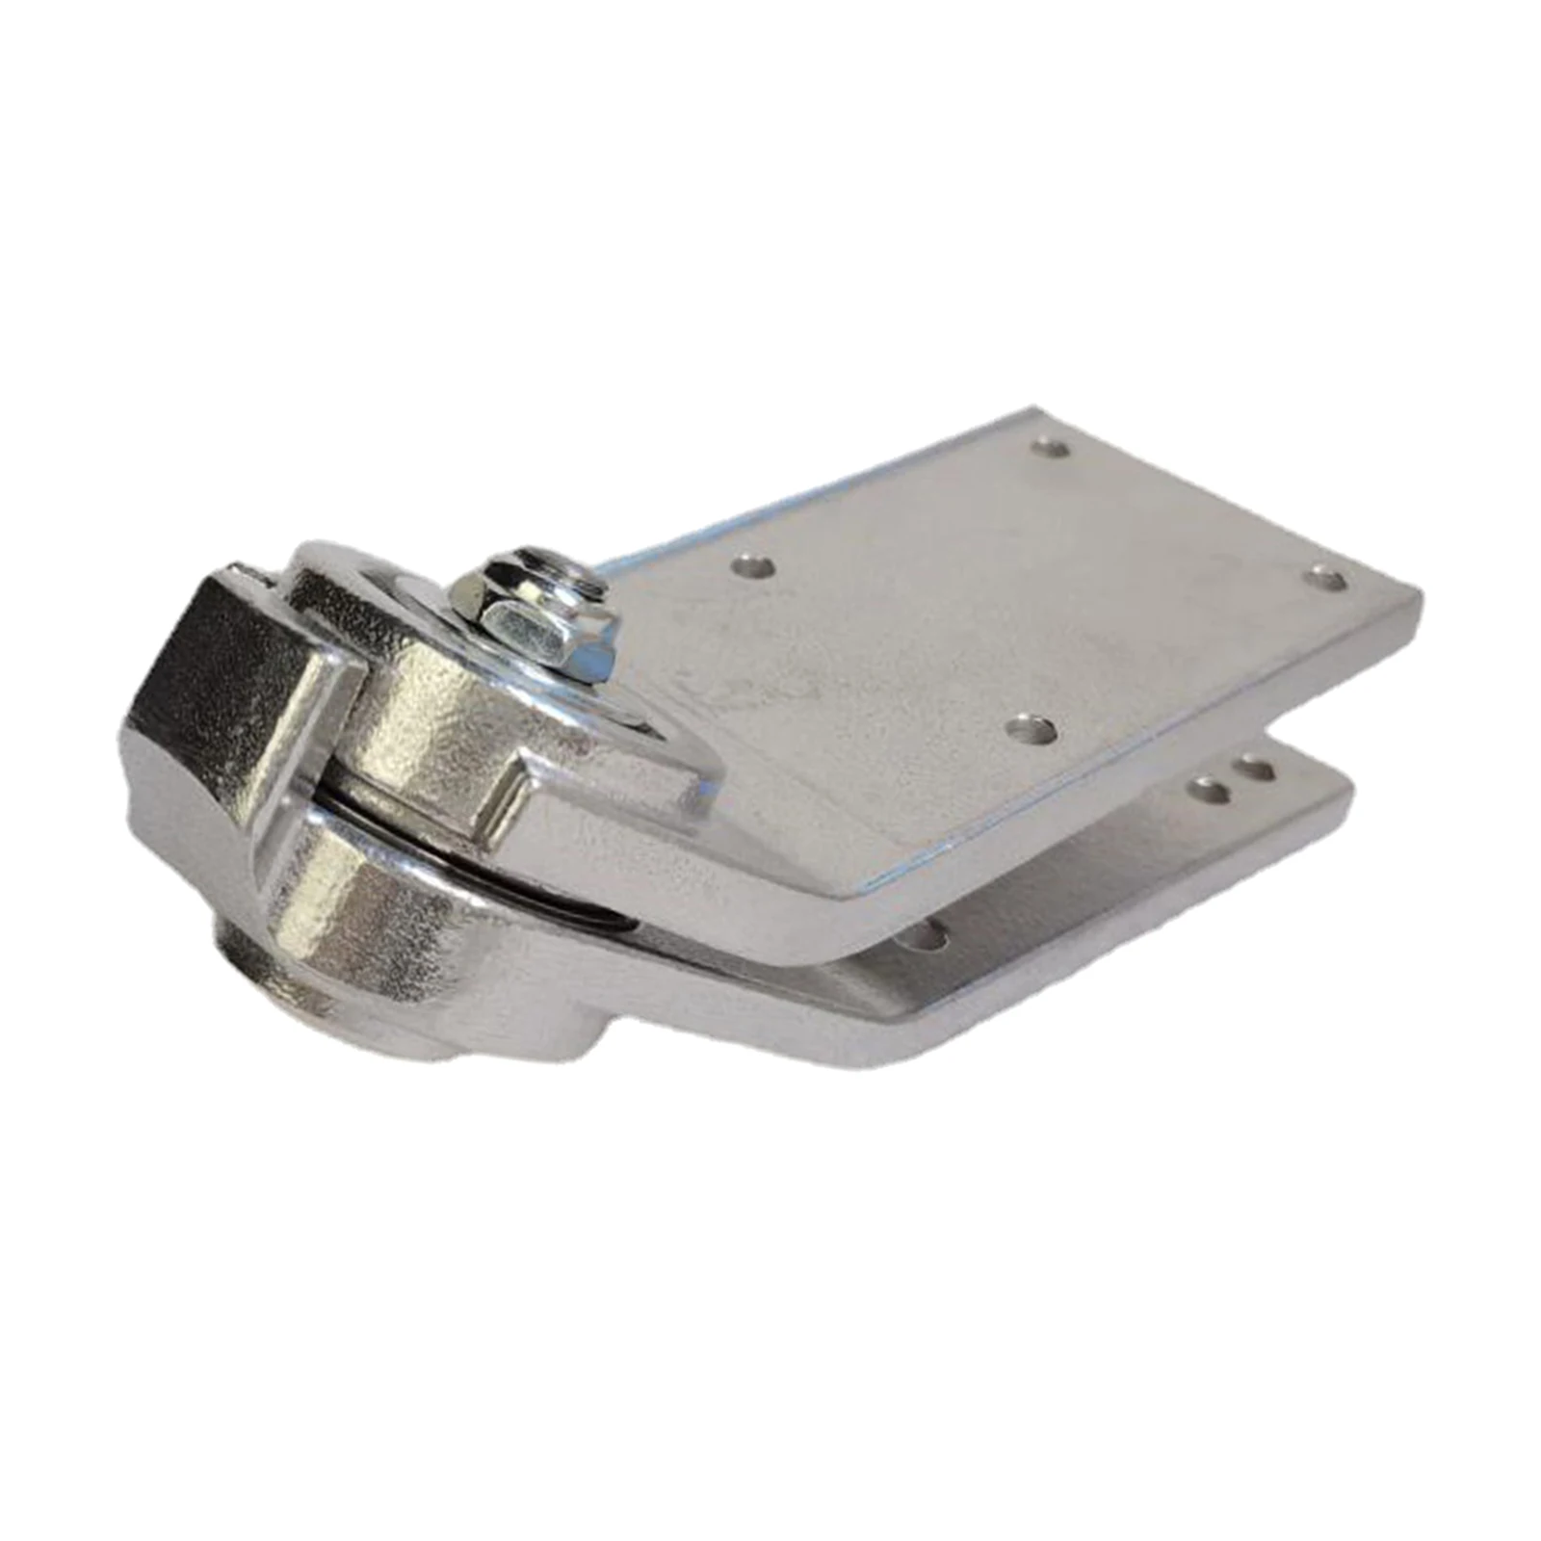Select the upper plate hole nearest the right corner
(x=1325, y=579)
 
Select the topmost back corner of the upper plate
(x=1035, y=412)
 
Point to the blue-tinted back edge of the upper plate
(x=819, y=491)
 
